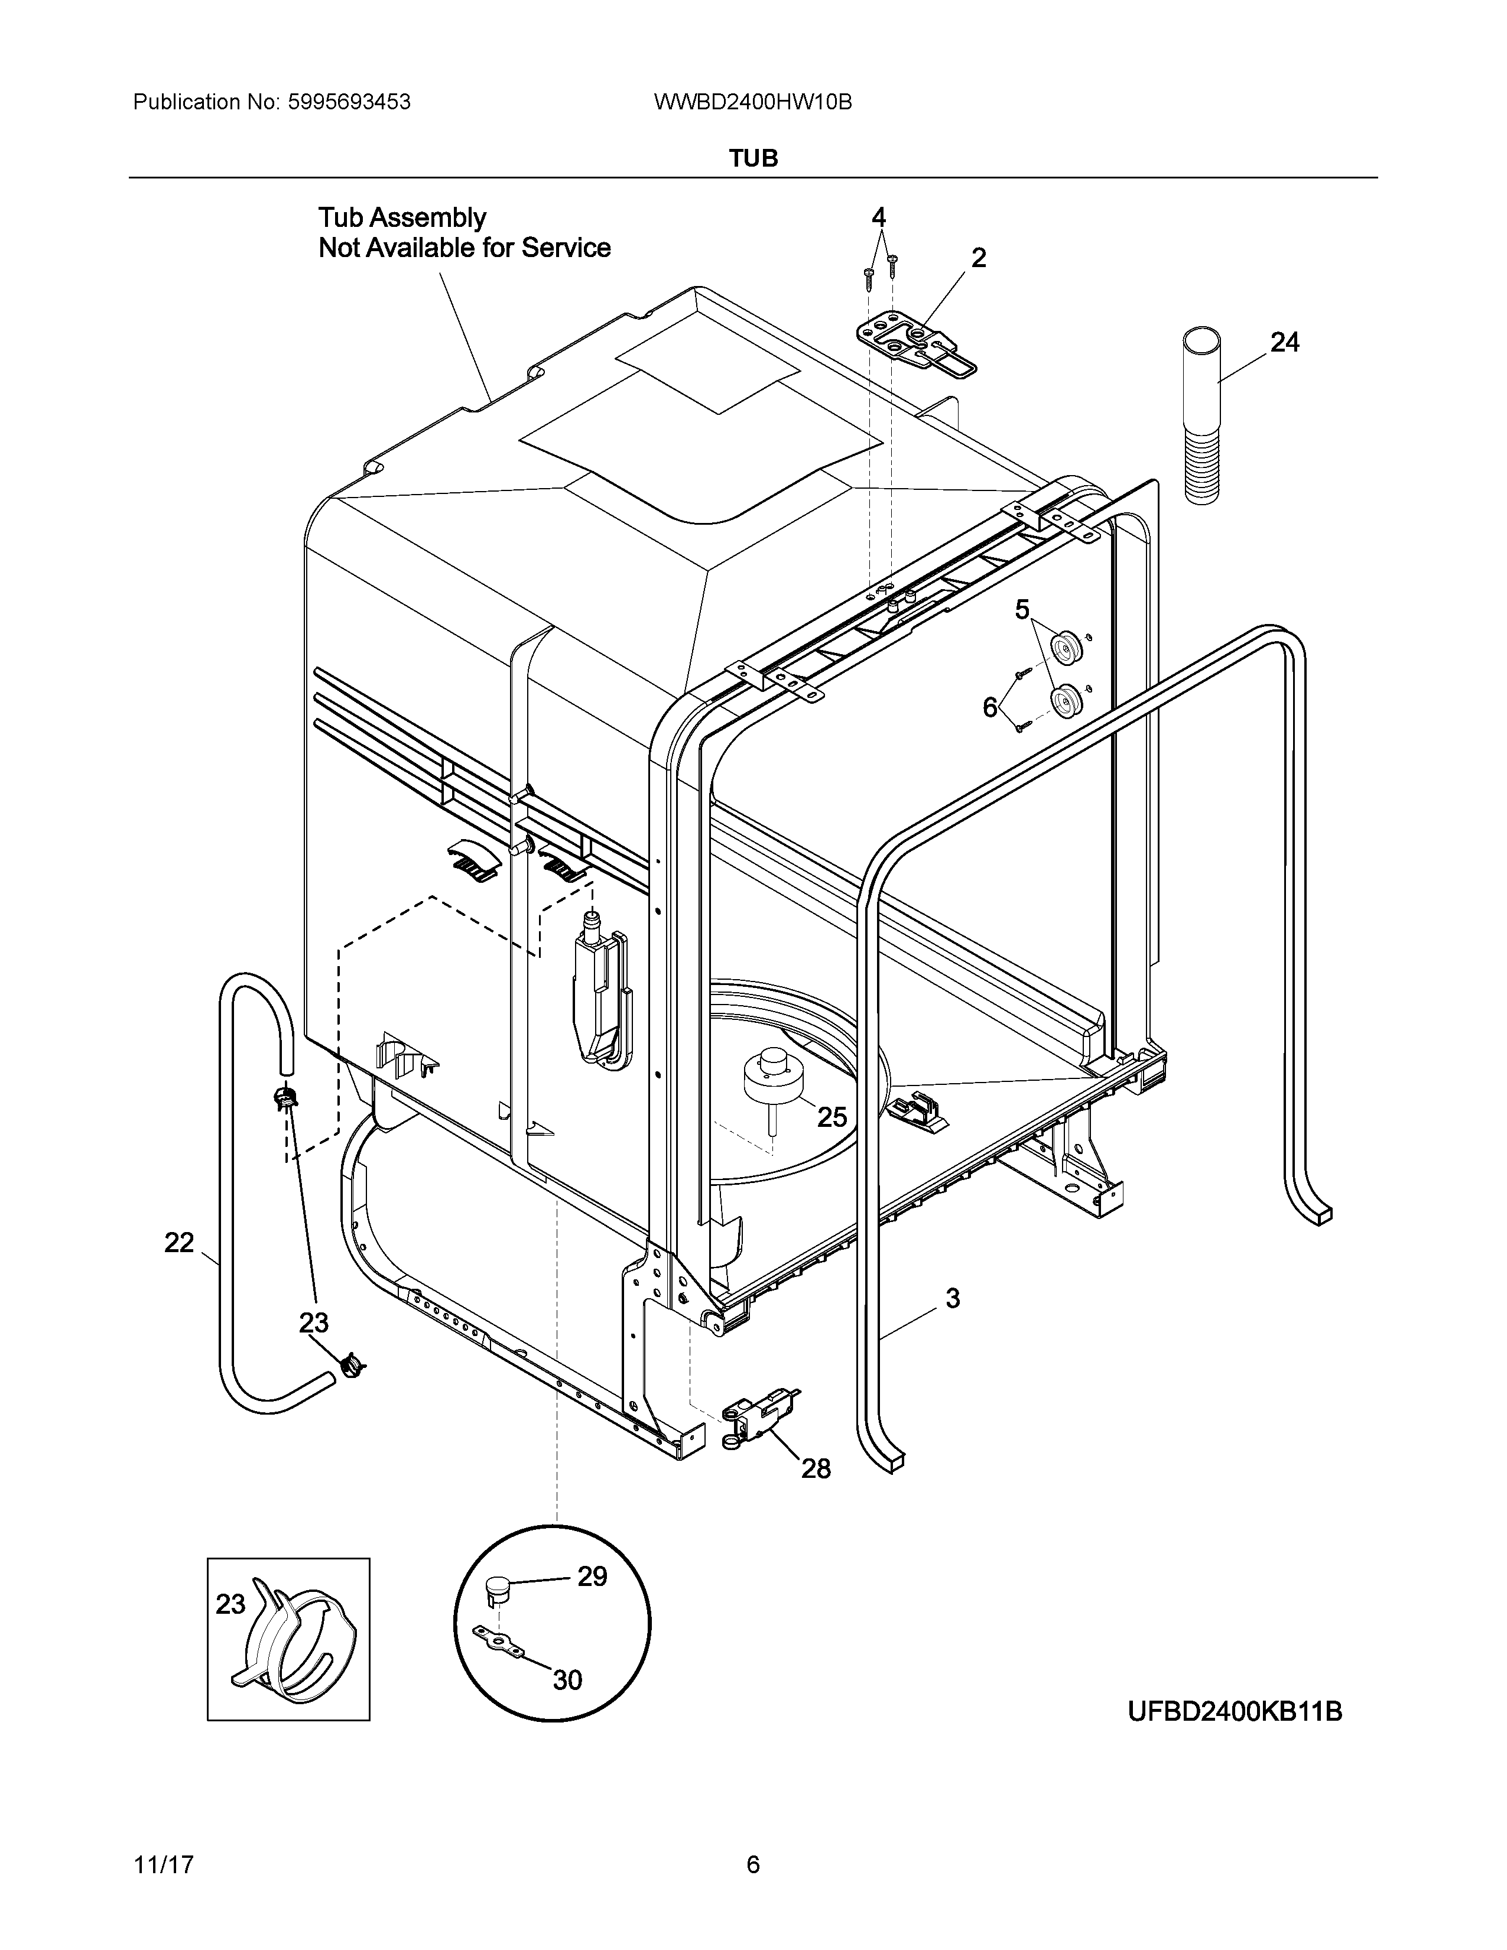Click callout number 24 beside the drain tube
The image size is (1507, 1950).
[1285, 342]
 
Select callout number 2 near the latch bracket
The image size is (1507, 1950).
[979, 258]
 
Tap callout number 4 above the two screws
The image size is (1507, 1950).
[878, 216]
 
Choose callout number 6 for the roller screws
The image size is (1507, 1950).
[990, 707]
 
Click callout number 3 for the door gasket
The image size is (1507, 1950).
[953, 1298]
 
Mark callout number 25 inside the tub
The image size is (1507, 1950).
[832, 1117]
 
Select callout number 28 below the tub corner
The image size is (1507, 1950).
[815, 1469]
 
